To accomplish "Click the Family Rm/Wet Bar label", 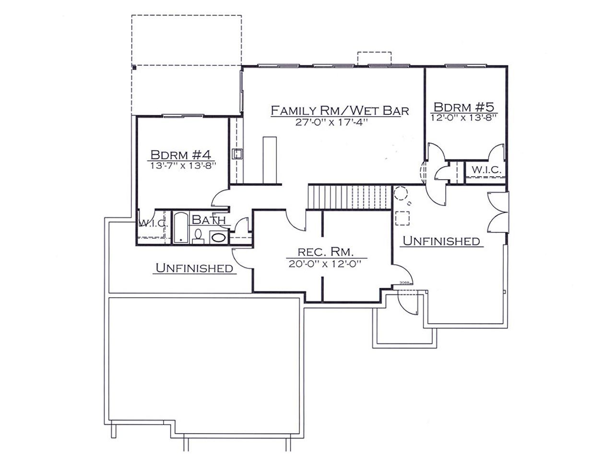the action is tap(340, 110).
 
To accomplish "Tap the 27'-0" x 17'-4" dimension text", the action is tap(331, 122).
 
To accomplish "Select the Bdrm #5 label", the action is tap(464, 107).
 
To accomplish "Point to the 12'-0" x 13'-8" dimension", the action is tap(463, 118).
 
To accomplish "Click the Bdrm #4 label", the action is tap(180, 155).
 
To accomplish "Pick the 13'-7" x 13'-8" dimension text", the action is tap(184, 165).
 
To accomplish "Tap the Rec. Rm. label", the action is tap(326, 252).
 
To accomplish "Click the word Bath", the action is tap(209, 220).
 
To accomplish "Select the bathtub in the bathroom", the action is tap(181, 228).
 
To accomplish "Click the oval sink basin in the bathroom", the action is tap(219, 238).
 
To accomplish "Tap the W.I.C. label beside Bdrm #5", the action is tap(486, 170).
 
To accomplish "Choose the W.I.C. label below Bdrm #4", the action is tap(153, 223).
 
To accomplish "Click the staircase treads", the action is tap(349, 197).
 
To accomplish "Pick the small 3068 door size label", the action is tap(404, 283).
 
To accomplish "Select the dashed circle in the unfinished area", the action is tap(401, 193).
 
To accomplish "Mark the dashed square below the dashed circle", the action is tap(402, 218).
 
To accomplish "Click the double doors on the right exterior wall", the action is tap(498, 212).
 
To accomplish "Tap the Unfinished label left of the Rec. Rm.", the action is tap(194, 268).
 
